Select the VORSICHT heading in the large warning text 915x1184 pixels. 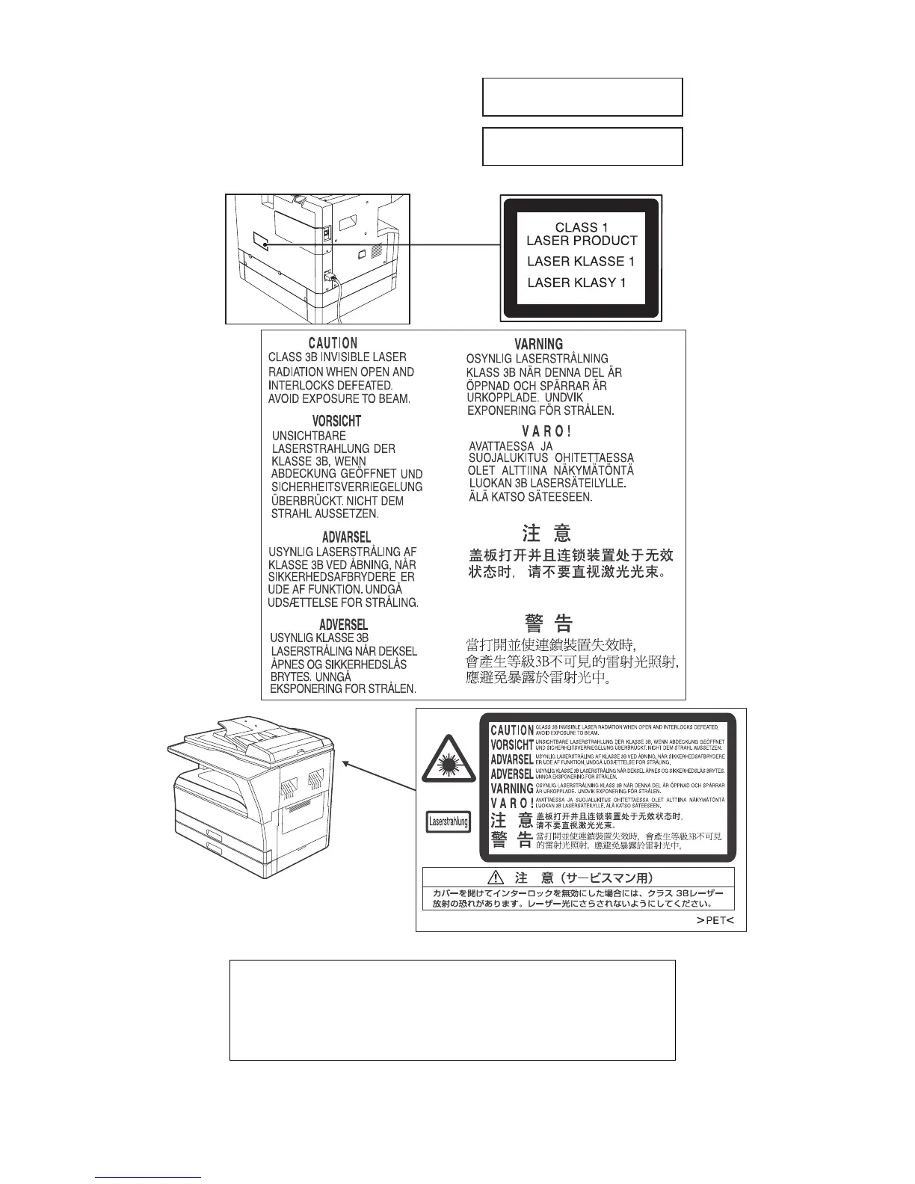click(336, 422)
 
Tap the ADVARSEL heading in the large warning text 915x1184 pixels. click(346, 537)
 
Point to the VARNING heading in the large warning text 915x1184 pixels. click(538, 344)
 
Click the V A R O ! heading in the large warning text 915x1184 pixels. click(546, 431)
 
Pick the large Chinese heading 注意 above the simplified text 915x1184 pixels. click(546, 533)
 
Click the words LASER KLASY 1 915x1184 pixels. click(576, 283)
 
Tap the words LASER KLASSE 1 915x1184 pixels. click(580, 262)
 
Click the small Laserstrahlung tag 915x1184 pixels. click(448, 822)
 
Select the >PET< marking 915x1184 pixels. click(715, 920)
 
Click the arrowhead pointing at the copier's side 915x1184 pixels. click(346, 762)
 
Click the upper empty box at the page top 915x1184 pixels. click(582, 96)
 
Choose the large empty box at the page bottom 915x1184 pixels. click(452, 1010)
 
